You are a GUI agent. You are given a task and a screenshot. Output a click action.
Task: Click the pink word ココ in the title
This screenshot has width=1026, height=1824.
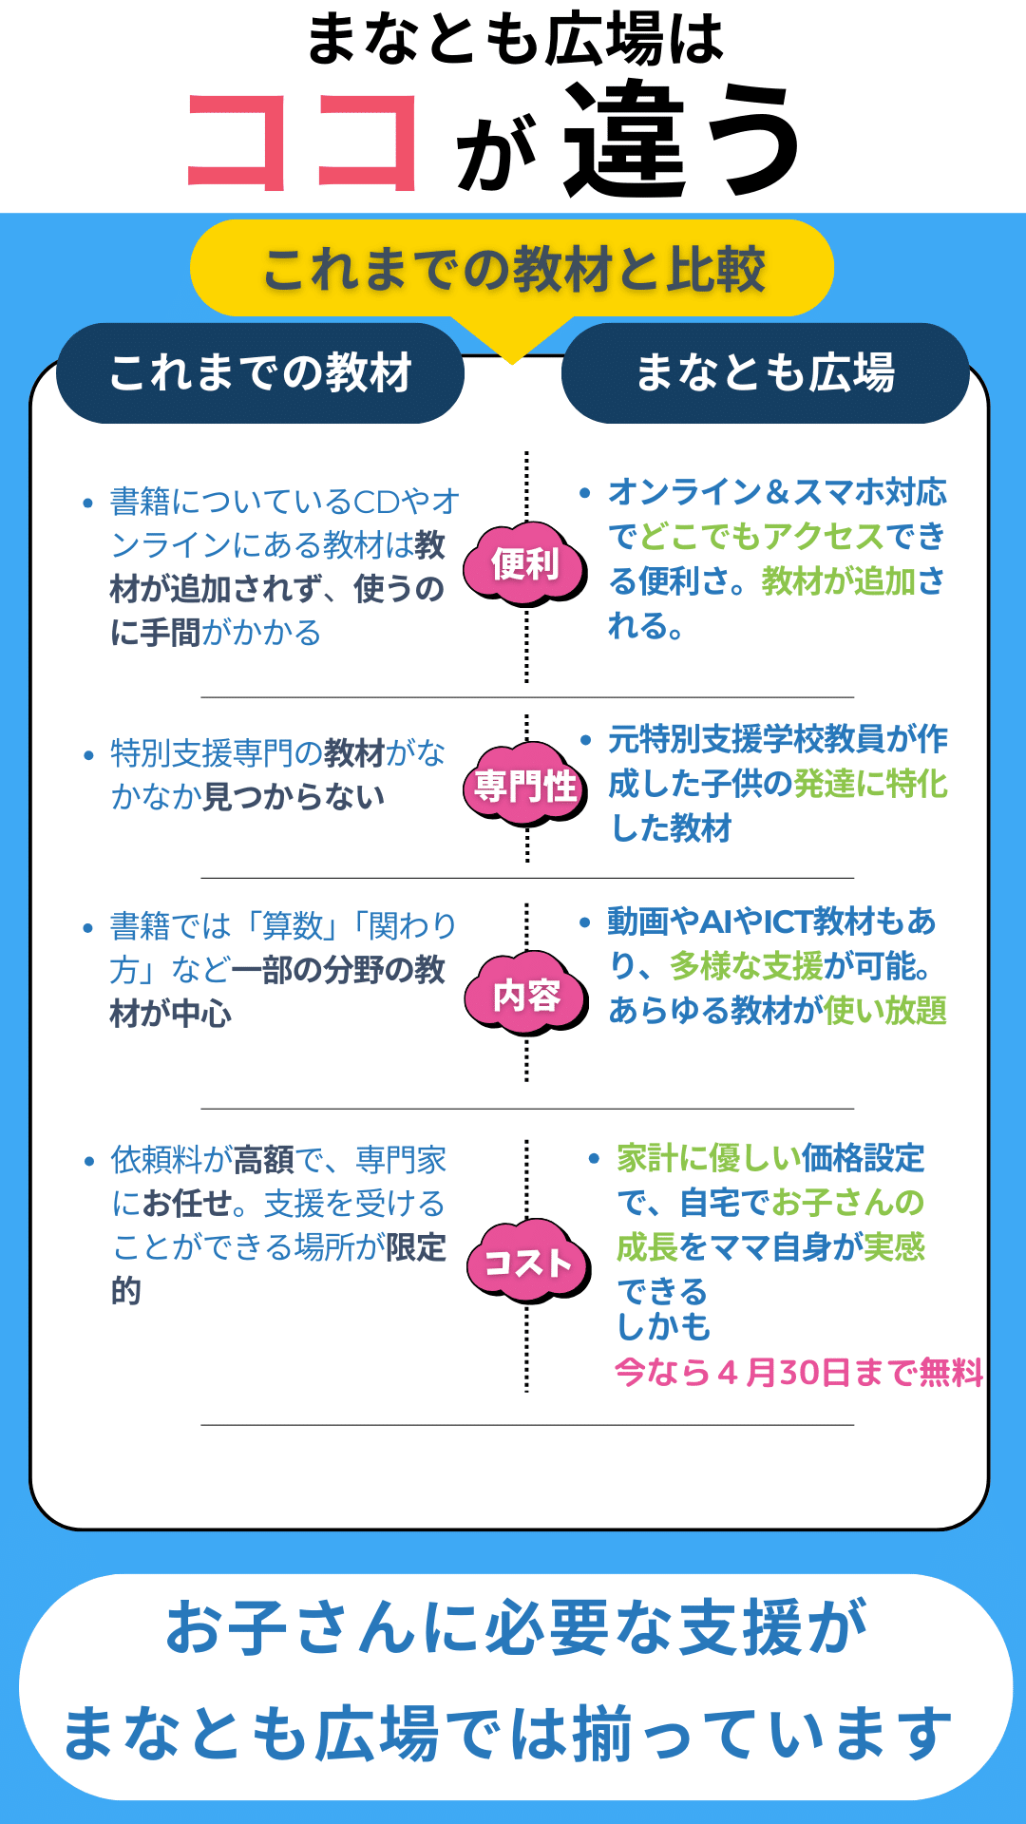pos(302,142)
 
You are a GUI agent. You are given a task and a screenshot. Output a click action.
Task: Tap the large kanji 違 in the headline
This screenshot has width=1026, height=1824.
pos(628,140)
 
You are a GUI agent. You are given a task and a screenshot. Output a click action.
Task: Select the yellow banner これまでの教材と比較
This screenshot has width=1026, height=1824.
pos(512,269)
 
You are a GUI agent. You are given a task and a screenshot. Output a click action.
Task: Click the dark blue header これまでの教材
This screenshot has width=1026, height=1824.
pos(260,372)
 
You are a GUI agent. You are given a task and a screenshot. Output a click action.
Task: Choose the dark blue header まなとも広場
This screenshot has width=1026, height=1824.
pos(765,372)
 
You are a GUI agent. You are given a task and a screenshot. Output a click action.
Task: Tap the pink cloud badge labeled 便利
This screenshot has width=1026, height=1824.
pos(524,564)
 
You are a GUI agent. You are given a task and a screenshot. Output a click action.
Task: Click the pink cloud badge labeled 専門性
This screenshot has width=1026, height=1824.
pos(525,786)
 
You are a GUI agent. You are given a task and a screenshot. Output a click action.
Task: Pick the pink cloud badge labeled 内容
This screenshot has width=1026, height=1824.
pos(526,995)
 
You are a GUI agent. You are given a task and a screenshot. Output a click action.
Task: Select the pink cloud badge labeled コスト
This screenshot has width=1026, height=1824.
pos(527,1263)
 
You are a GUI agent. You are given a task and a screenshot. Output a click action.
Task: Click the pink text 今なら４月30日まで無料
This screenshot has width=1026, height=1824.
pos(798,1373)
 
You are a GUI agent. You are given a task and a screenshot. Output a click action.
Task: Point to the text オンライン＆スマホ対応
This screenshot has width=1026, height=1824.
pos(777,492)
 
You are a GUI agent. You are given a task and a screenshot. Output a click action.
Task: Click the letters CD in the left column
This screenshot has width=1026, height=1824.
pos(376,501)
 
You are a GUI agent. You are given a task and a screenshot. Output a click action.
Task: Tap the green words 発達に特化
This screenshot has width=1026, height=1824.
pos(870,784)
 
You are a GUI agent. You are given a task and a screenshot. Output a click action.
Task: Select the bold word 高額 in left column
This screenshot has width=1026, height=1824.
pos(264,1160)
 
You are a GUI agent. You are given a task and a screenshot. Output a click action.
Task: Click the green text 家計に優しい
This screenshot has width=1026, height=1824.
pos(709,1158)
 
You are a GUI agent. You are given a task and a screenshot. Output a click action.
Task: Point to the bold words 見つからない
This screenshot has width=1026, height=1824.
pos(294,796)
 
